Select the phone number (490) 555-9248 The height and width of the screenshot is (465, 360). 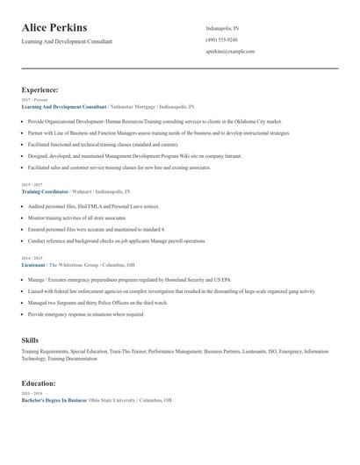pos(221,39)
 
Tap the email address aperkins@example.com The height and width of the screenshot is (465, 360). pos(230,52)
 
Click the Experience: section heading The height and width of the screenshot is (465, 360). pos(40,89)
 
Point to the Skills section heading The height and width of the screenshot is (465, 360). pos(30,339)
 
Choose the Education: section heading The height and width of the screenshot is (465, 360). pos(39,383)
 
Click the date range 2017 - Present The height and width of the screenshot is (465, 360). pos(31,100)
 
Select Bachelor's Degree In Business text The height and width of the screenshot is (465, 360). pos(54,400)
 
